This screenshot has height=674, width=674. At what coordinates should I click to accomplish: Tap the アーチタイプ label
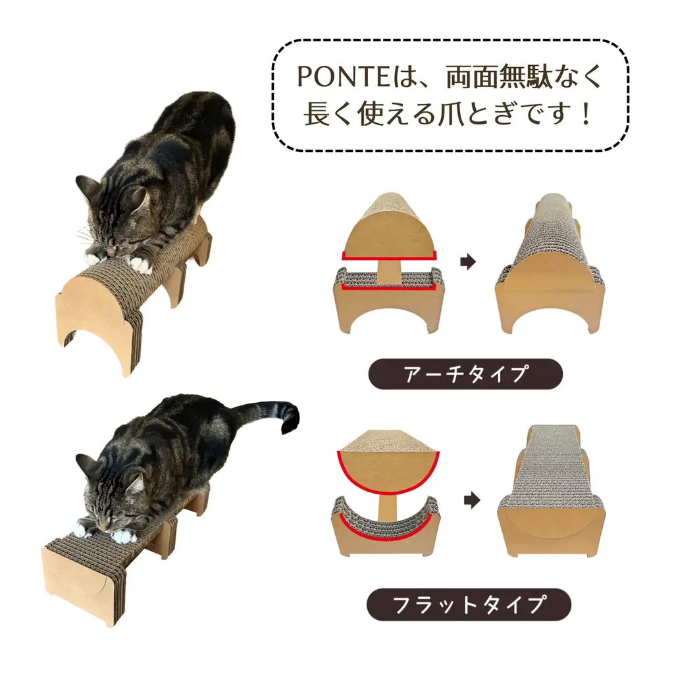pos(465,374)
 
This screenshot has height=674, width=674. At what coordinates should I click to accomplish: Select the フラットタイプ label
pos(468,604)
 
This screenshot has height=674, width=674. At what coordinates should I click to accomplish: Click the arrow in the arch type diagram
pos(467,263)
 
